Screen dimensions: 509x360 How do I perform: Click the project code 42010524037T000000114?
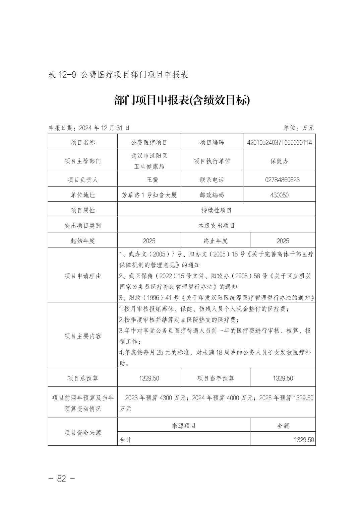pos(279,142)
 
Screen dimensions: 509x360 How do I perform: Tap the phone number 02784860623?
pos(282,179)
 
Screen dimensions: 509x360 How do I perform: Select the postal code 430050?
pos(279,195)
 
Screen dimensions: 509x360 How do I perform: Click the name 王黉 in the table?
pos(149,179)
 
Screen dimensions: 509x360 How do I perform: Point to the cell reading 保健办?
pos(279,161)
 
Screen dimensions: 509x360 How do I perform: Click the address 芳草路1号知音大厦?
pos(149,195)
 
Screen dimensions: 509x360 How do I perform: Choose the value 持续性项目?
pos(216,210)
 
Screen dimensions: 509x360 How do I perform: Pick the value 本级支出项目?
pos(216,225)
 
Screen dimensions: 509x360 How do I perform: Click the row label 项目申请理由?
pos(82,276)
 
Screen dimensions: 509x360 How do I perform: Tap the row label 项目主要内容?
pos(82,336)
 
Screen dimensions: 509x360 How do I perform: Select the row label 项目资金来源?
pos(82,433)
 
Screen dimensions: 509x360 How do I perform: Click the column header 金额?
pos(283,426)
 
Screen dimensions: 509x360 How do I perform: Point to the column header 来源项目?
pos(184,426)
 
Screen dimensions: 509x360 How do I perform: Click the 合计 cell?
pos(126,440)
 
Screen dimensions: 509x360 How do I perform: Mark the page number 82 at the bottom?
pos(62,479)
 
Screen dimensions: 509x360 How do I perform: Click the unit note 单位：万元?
pos(298,128)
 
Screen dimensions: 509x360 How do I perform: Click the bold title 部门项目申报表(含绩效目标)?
pos(182,100)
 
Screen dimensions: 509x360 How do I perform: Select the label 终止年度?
pos(215,240)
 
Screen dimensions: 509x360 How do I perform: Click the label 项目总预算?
pos(82,378)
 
